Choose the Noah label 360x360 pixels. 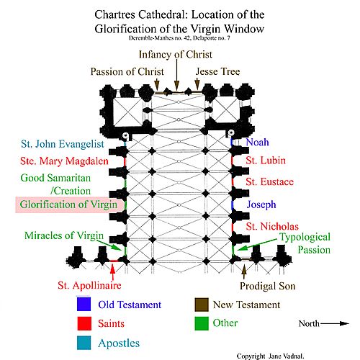click(257, 142)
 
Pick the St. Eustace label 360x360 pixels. click(270, 182)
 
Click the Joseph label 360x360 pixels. click(261, 205)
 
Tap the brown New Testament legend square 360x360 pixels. click(202, 305)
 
